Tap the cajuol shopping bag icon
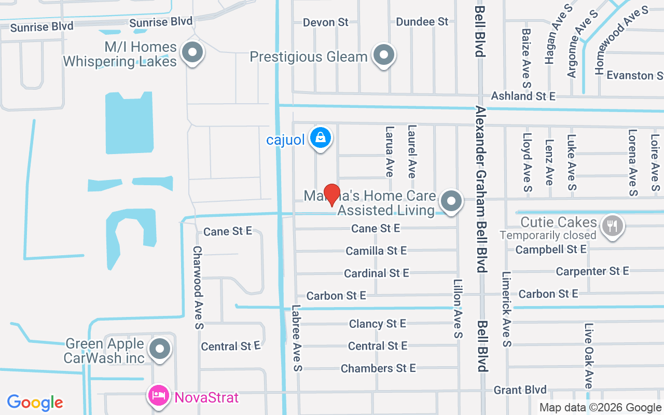(x=321, y=139)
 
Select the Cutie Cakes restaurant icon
(x=613, y=225)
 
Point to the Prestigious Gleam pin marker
(x=384, y=54)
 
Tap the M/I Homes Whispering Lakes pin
(x=193, y=52)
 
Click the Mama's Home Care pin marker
(x=451, y=200)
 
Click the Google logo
(x=35, y=403)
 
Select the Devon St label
(x=326, y=22)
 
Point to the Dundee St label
(x=422, y=22)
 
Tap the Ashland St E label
(x=523, y=96)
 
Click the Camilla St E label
(x=376, y=251)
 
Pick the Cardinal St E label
(x=376, y=273)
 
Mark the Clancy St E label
(x=377, y=324)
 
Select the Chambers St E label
(x=378, y=368)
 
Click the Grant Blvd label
(x=520, y=390)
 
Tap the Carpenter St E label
(x=592, y=271)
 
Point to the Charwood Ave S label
(x=198, y=287)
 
